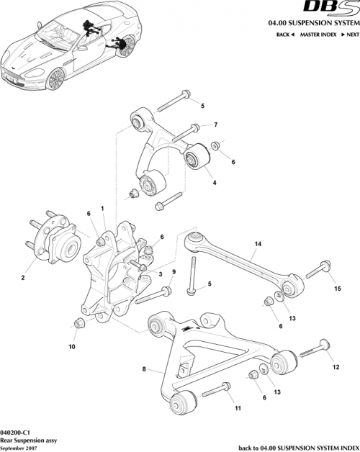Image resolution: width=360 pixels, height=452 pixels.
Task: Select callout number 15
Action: click(x=336, y=289)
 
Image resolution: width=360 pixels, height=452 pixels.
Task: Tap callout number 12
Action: click(x=335, y=367)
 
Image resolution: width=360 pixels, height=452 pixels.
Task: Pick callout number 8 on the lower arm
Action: click(x=145, y=370)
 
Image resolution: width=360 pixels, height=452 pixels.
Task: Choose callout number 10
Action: click(x=71, y=346)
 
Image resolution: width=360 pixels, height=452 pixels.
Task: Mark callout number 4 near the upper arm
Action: click(x=214, y=184)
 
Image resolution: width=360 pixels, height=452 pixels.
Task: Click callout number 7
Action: click(x=215, y=125)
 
